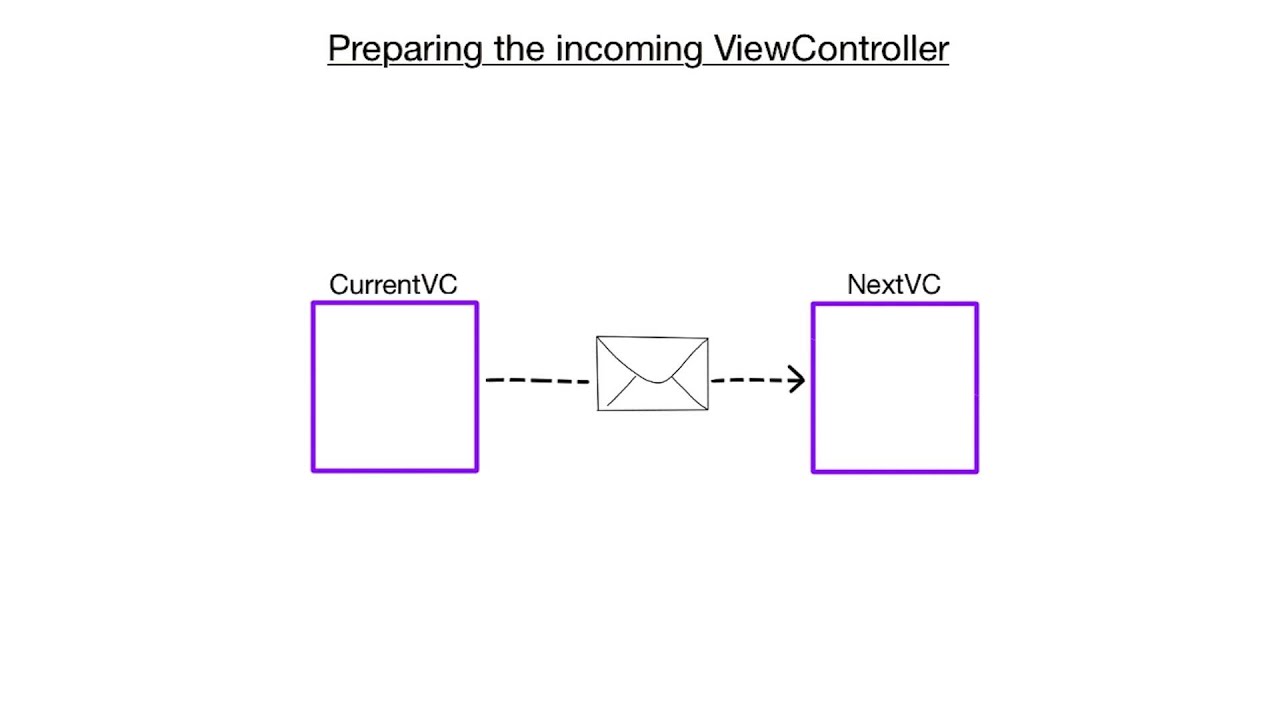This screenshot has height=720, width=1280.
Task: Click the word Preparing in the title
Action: (x=405, y=48)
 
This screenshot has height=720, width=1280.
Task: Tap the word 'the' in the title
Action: (x=519, y=48)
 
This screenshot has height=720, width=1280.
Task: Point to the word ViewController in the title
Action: (x=831, y=48)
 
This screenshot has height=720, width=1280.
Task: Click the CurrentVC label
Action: (x=393, y=285)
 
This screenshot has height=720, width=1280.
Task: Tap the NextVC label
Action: (x=893, y=285)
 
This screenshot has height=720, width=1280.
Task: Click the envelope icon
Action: (x=652, y=373)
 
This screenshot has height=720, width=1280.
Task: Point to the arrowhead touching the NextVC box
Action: (x=798, y=380)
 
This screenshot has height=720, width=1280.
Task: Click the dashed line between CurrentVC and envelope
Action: (x=537, y=380)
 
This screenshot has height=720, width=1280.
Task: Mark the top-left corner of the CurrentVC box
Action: (x=314, y=304)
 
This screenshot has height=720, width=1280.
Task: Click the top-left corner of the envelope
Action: (x=597, y=338)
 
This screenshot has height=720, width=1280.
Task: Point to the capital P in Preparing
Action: (x=338, y=48)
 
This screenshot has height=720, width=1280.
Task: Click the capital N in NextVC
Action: (x=856, y=285)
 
